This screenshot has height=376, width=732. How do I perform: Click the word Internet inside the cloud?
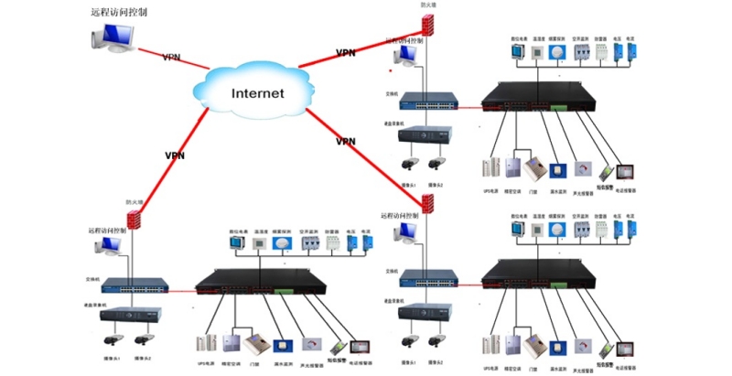[257, 93]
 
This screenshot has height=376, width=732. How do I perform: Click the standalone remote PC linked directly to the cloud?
[114, 39]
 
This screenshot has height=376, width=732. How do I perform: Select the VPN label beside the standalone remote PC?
[171, 57]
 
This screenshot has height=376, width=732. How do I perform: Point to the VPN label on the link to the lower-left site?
[175, 156]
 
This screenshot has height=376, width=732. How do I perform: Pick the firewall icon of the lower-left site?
[135, 220]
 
